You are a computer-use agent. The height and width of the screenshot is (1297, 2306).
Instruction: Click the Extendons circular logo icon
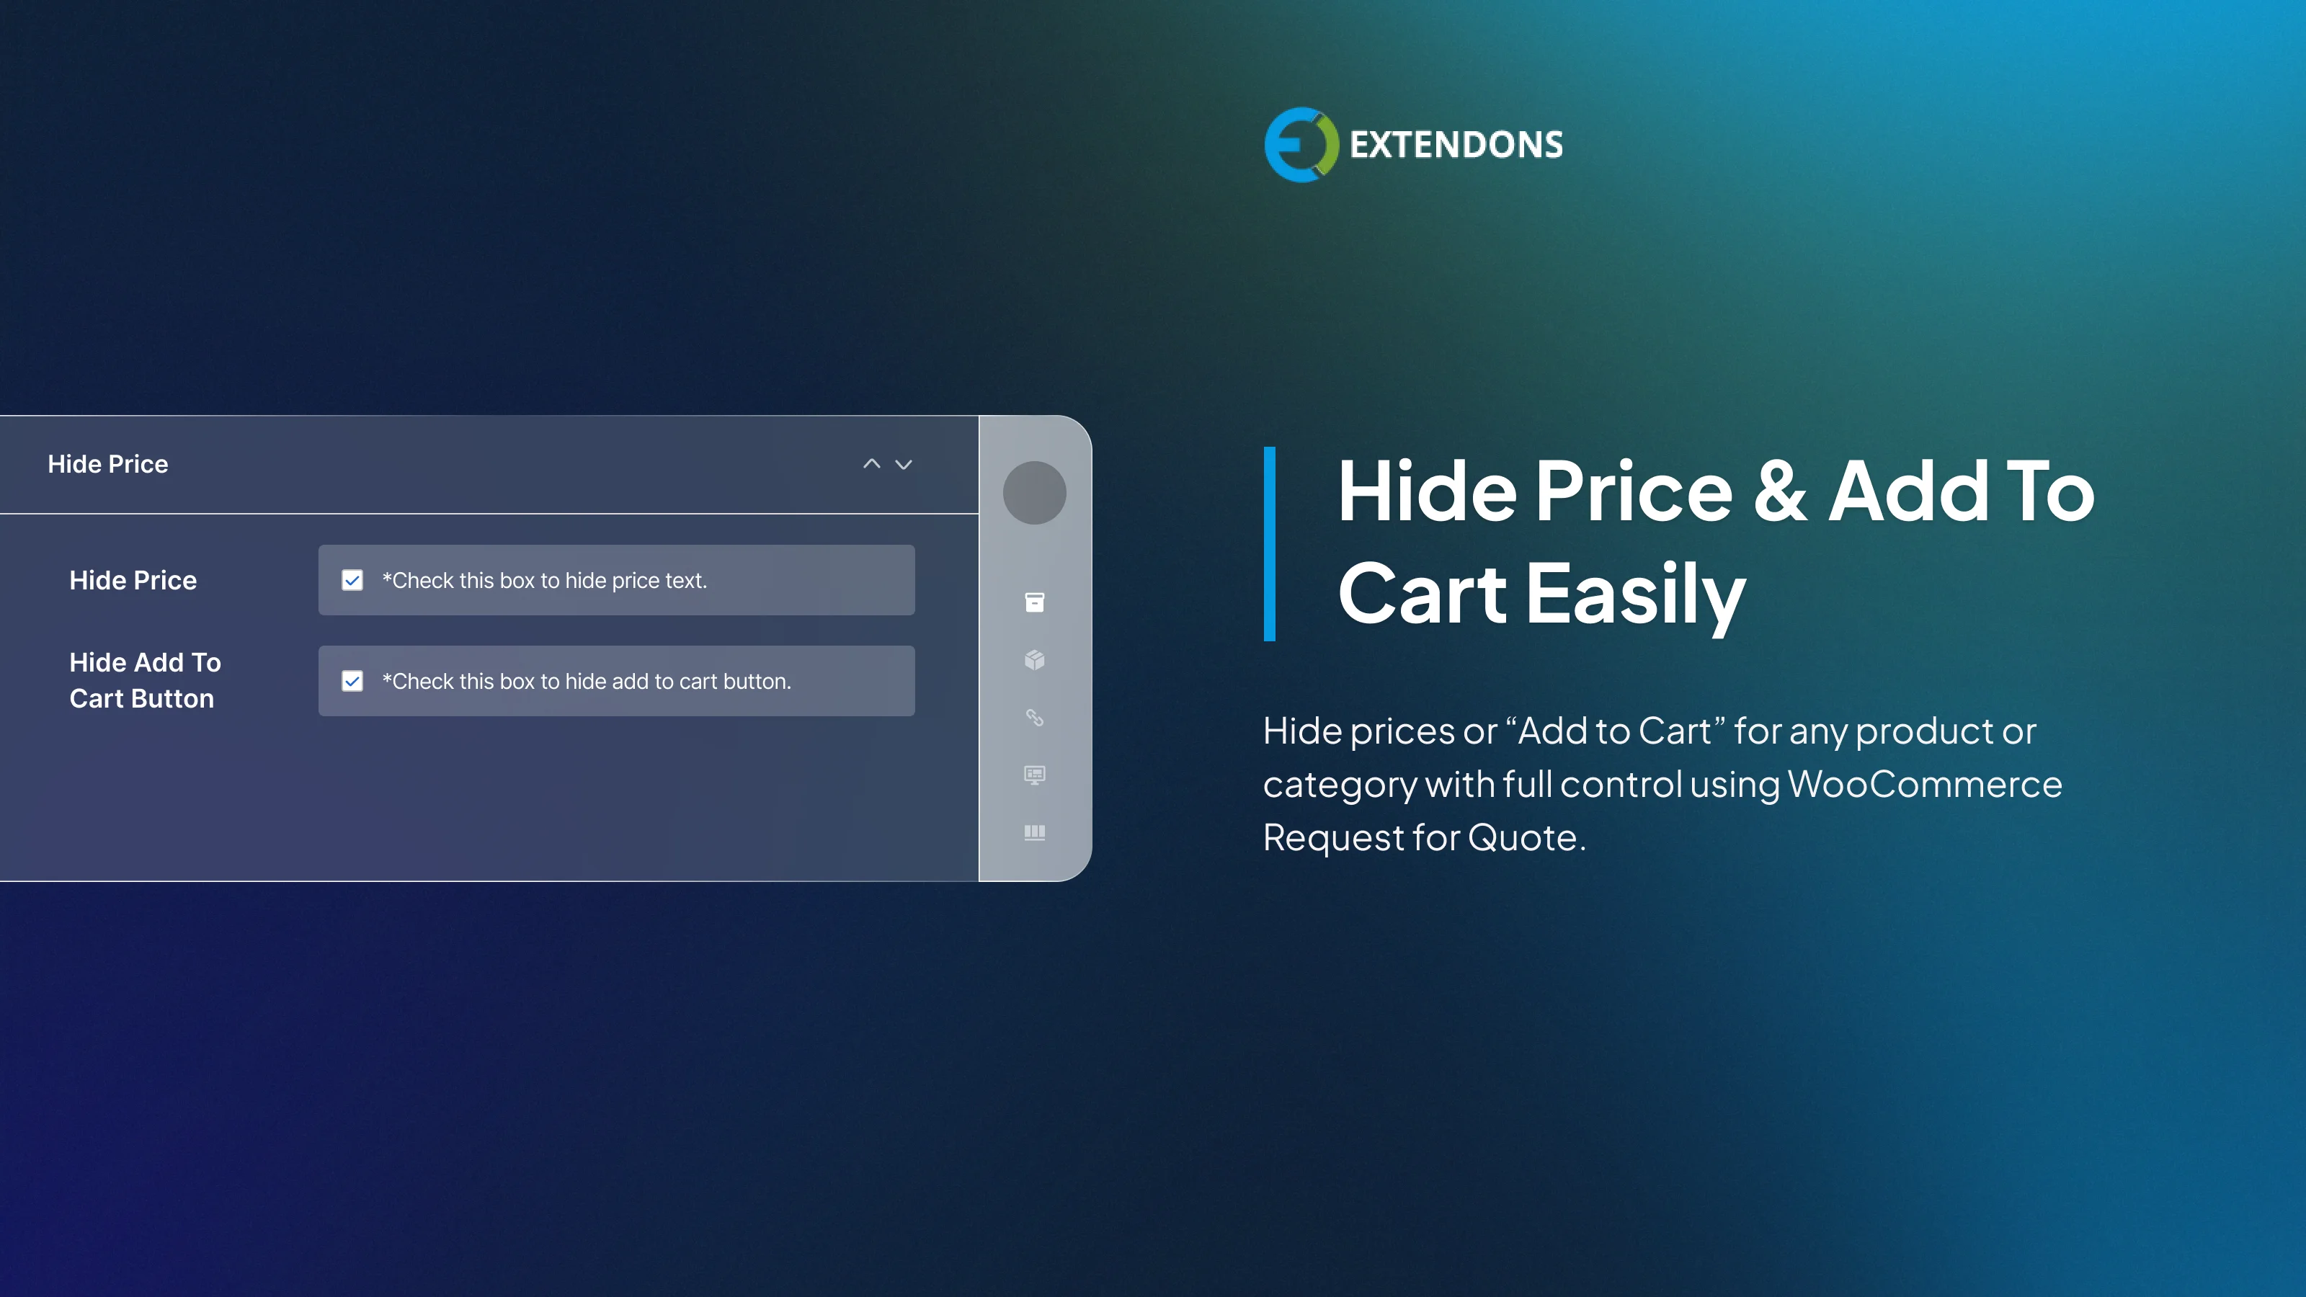(1300, 144)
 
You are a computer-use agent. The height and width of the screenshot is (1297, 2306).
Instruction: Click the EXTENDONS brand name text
(1456, 145)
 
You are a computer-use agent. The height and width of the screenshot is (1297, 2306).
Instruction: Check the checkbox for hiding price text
(352, 580)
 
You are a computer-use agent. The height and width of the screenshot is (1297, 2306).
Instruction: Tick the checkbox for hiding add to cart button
(352, 681)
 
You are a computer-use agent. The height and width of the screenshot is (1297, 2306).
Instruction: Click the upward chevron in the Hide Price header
(871, 463)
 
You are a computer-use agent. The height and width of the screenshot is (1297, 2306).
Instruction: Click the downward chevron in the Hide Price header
(903, 463)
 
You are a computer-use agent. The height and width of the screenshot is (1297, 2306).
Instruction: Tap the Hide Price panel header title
(107, 463)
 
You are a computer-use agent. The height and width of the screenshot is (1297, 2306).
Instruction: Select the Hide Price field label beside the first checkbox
(133, 580)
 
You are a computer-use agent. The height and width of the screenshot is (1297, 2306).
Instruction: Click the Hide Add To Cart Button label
(144, 680)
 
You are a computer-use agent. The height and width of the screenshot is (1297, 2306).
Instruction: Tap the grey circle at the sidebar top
(1034, 492)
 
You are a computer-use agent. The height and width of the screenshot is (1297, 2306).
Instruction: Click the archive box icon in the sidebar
(1034, 602)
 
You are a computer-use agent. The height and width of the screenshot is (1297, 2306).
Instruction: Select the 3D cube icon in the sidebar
(1034, 660)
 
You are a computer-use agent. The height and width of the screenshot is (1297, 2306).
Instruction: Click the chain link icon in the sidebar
(1034, 717)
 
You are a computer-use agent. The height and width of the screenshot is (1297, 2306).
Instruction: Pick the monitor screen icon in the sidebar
(1034, 775)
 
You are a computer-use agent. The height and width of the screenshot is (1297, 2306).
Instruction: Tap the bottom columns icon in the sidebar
(1034, 832)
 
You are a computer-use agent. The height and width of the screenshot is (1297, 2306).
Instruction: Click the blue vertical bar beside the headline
(1269, 543)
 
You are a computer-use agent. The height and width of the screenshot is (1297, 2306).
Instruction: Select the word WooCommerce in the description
(1925, 784)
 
